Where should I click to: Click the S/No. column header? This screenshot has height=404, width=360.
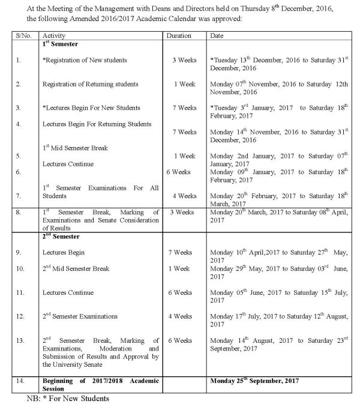tap(25, 36)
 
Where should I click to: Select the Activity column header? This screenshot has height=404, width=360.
tap(54, 36)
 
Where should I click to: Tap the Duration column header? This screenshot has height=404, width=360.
tap(179, 36)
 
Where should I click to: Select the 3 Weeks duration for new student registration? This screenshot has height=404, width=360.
tap(183, 61)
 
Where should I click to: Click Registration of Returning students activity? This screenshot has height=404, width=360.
tap(91, 84)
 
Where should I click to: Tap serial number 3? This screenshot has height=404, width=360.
tap(19, 107)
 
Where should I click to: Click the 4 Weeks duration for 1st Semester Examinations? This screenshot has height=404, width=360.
tap(184, 196)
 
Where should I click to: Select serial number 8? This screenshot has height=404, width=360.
tap(19, 211)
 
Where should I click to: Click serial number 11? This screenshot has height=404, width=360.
tap(20, 292)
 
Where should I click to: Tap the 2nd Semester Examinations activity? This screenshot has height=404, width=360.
tap(80, 316)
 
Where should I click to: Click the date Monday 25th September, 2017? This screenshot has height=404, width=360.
tap(256, 381)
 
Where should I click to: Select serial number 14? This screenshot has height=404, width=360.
tap(20, 381)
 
